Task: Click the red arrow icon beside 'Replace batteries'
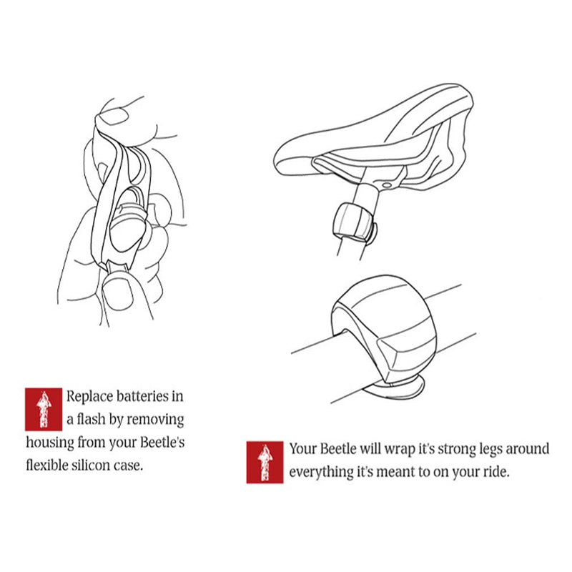pyautogui.click(x=44, y=409)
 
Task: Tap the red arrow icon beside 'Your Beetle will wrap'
pyautogui.click(x=265, y=462)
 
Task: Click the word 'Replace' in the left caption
pyautogui.click(x=89, y=397)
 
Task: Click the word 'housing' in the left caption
pyautogui.click(x=50, y=443)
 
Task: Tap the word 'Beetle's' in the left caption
pyautogui.click(x=162, y=442)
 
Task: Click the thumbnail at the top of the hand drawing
pyautogui.click(x=113, y=116)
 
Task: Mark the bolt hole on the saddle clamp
pyautogui.click(x=387, y=186)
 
